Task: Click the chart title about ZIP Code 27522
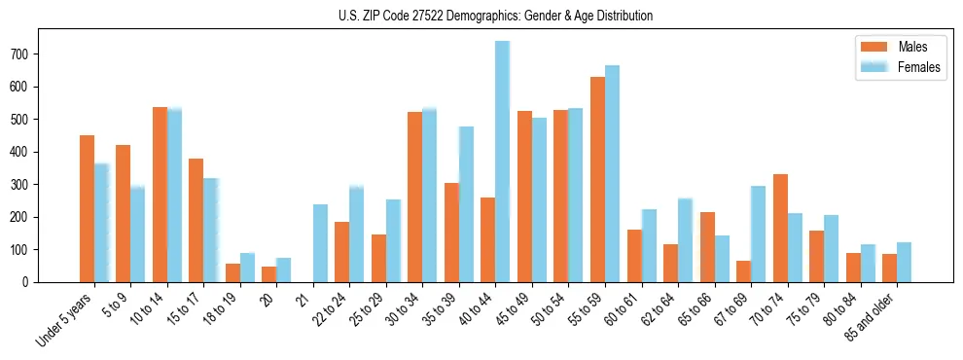pyautogui.click(x=481, y=17)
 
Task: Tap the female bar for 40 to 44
pyautogui.click(x=503, y=162)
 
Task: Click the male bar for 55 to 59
pyautogui.click(x=597, y=179)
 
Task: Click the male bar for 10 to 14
pyautogui.click(x=160, y=195)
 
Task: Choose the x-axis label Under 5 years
pyautogui.click(x=66, y=317)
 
